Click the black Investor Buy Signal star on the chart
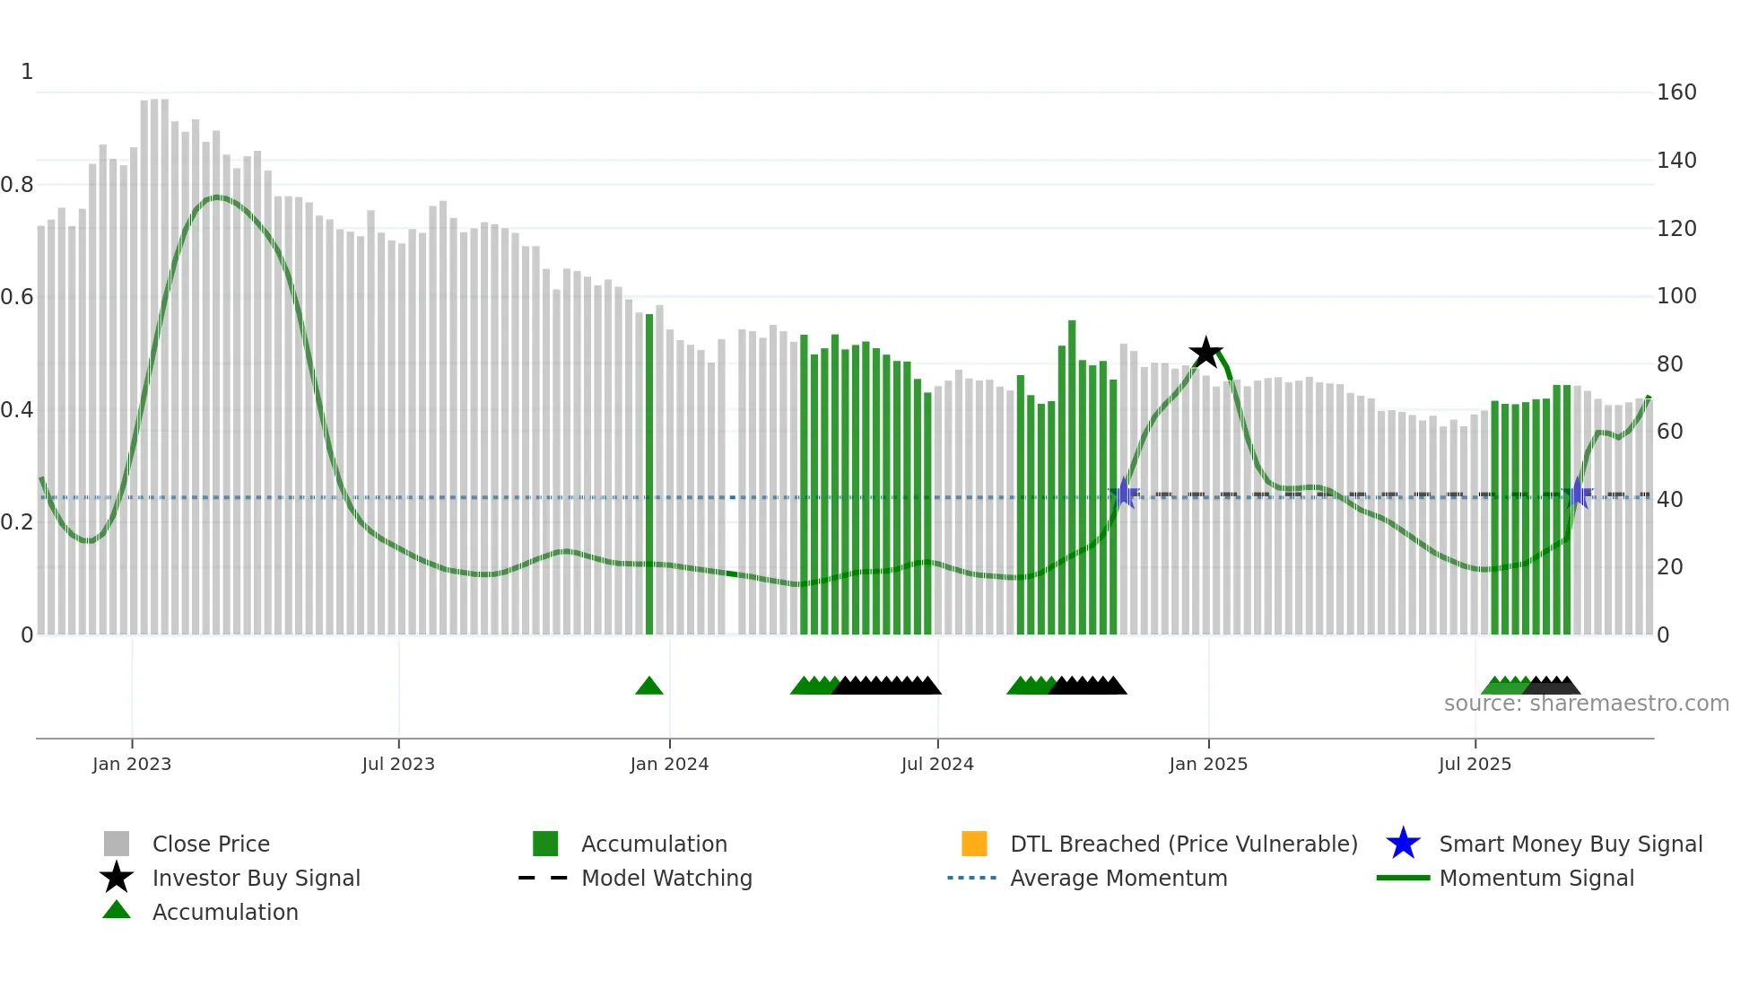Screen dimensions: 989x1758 click(1205, 353)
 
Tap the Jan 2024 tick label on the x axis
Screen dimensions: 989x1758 click(669, 765)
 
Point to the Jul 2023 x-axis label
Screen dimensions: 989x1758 click(398, 765)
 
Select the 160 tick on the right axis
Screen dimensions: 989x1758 click(1675, 92)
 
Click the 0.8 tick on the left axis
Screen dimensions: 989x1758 click(17, 185)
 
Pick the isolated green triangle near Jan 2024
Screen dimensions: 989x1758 click(648, 687)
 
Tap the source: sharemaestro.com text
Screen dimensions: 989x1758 click(1586, 704)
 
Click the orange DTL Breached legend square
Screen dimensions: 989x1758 click(974, 844)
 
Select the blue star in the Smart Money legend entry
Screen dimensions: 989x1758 click(1403, 844)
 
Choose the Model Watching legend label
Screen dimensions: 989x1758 click(666, 879)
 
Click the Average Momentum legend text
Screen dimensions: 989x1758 click(1118, 879)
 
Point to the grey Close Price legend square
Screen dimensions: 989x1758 click(117, 844)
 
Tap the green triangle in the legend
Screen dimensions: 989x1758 click(117, 911)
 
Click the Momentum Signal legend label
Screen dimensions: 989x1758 click(1536, 879)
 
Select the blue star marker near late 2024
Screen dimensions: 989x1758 click(1124, 494)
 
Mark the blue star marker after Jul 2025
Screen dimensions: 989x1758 click(1579, 494)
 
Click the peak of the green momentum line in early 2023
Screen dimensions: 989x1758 click(216, 197)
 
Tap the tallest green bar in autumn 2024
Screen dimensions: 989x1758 click(1072, 476)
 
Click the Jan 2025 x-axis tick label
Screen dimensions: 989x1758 click(1208, 765)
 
